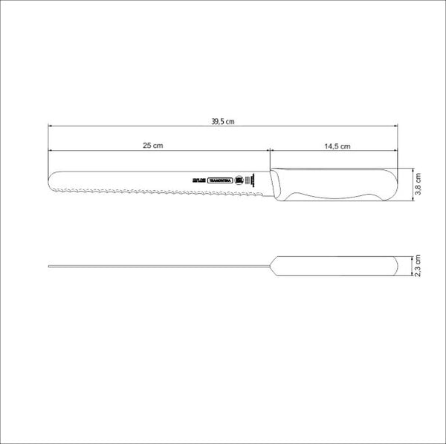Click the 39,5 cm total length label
(222, 121)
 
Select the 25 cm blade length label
(152, 146)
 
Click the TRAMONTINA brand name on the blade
(219, 180)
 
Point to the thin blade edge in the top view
(149, 266)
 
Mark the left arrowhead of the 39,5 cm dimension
(51, 126)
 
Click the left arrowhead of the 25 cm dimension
(51, 151)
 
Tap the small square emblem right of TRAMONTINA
(240, 180)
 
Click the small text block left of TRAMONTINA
(197, 180)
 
